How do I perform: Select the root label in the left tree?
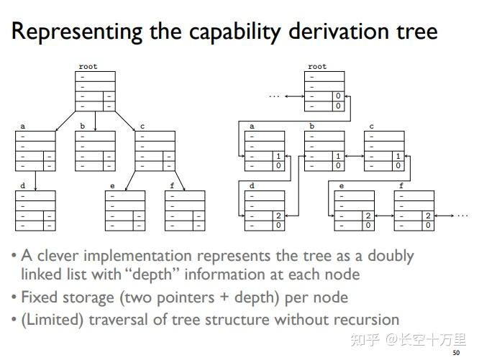coord(88,67)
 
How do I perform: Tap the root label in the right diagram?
coord(317,67)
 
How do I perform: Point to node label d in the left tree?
coord(23,186)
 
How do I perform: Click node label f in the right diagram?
coord(401,186)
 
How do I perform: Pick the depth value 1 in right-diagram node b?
coord(337,156)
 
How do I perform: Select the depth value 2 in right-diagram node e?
coord(367,216)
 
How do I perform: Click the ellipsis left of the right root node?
coord(274,96)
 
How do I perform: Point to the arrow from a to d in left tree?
coord(35,180)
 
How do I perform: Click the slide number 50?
coord(455,353)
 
